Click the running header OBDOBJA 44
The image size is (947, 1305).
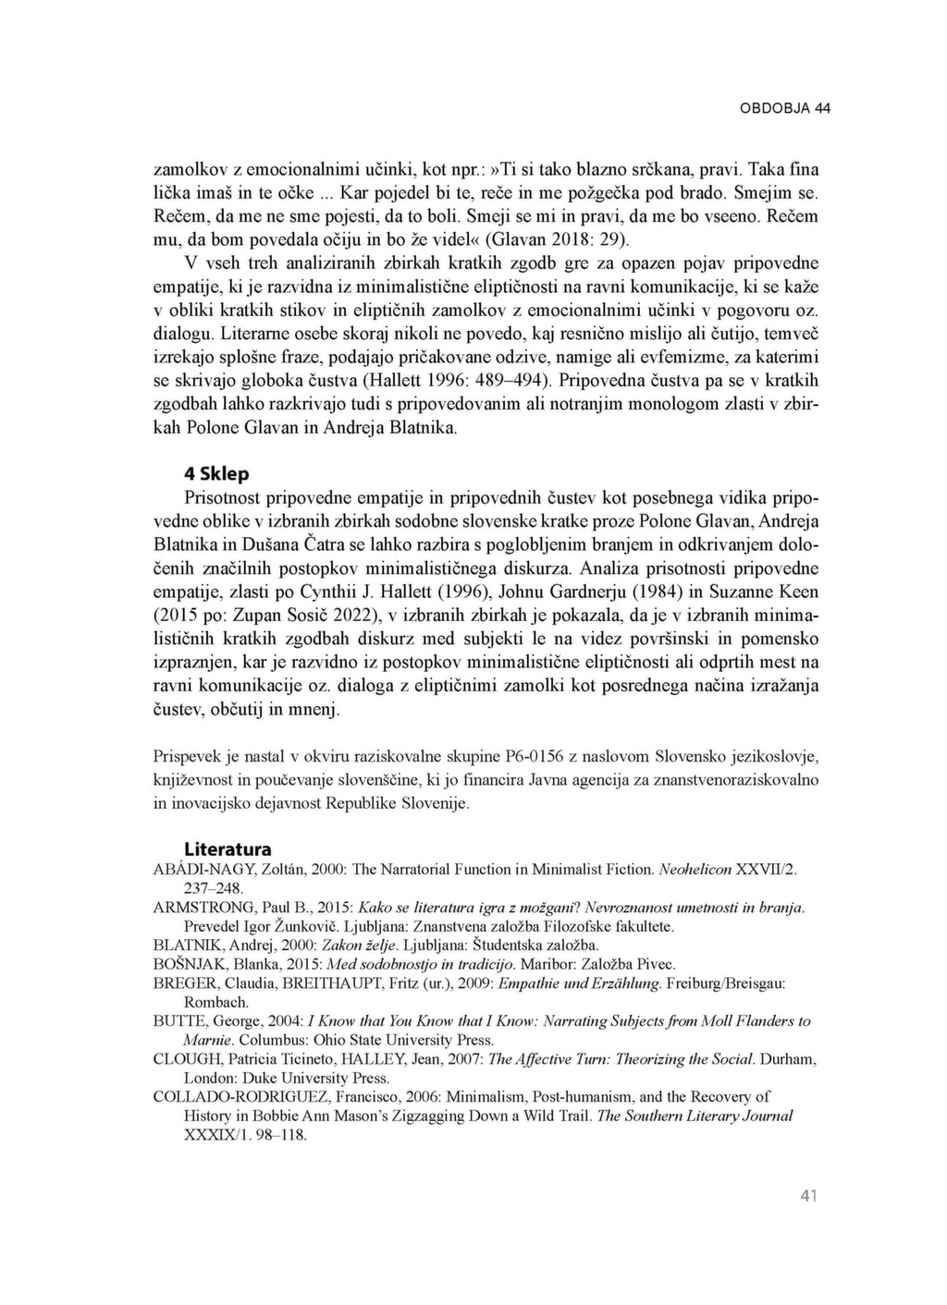pyautogui.click(x=784, y=108)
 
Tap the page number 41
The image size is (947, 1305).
pyautogui.click(x=808, y=1197)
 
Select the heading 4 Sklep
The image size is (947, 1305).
pyautogui.click(x=216, y=474)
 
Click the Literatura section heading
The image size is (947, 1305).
pyautogui.click(x=228, y=848)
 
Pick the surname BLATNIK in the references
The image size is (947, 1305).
pyautogui.click(x=184, y=945)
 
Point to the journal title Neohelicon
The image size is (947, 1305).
pyautogui.click(x=695, y=870)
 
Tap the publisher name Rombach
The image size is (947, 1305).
pyautogui.click(x=216, y=1002)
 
